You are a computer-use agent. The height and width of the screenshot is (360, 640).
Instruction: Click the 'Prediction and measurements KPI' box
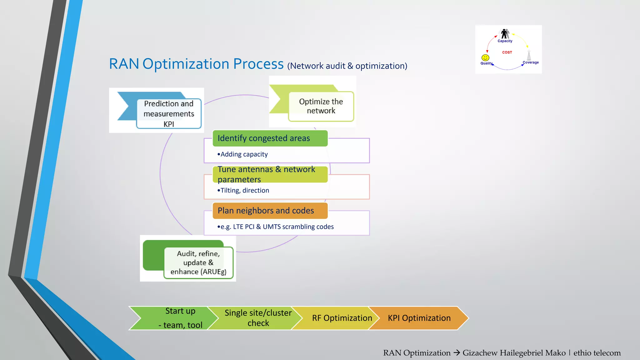coord(169,114)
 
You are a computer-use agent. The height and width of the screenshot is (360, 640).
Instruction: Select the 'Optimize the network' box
coord(321,106)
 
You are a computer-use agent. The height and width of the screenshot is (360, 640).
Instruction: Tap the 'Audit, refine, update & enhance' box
coord(198,262)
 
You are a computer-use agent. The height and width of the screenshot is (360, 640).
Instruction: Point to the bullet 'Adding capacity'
coord(243,154)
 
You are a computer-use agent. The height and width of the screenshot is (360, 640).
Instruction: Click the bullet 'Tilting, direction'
coord(243,191)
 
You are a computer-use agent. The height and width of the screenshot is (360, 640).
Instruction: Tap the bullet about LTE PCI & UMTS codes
coord(276,227)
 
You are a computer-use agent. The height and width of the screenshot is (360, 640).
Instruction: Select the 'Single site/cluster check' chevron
coord(258,318)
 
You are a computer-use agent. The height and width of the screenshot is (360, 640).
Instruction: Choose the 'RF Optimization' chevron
coord(342,318)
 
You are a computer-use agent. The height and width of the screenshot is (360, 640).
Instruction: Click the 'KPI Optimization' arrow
coord(419,318)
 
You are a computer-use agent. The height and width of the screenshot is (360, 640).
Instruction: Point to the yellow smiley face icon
coord(485,57)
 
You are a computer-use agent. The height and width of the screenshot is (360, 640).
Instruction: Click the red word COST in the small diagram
coord(507,52)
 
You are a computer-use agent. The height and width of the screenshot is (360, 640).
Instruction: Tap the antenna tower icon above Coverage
coord(529,55)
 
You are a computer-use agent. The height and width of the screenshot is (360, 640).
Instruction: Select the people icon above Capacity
coord(505,33)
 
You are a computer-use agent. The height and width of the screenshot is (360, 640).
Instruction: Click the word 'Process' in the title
coord(258,64)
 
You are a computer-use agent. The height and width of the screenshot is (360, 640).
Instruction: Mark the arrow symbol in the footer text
coord(457,353)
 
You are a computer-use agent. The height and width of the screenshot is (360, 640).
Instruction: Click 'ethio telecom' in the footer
coord(597,353)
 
